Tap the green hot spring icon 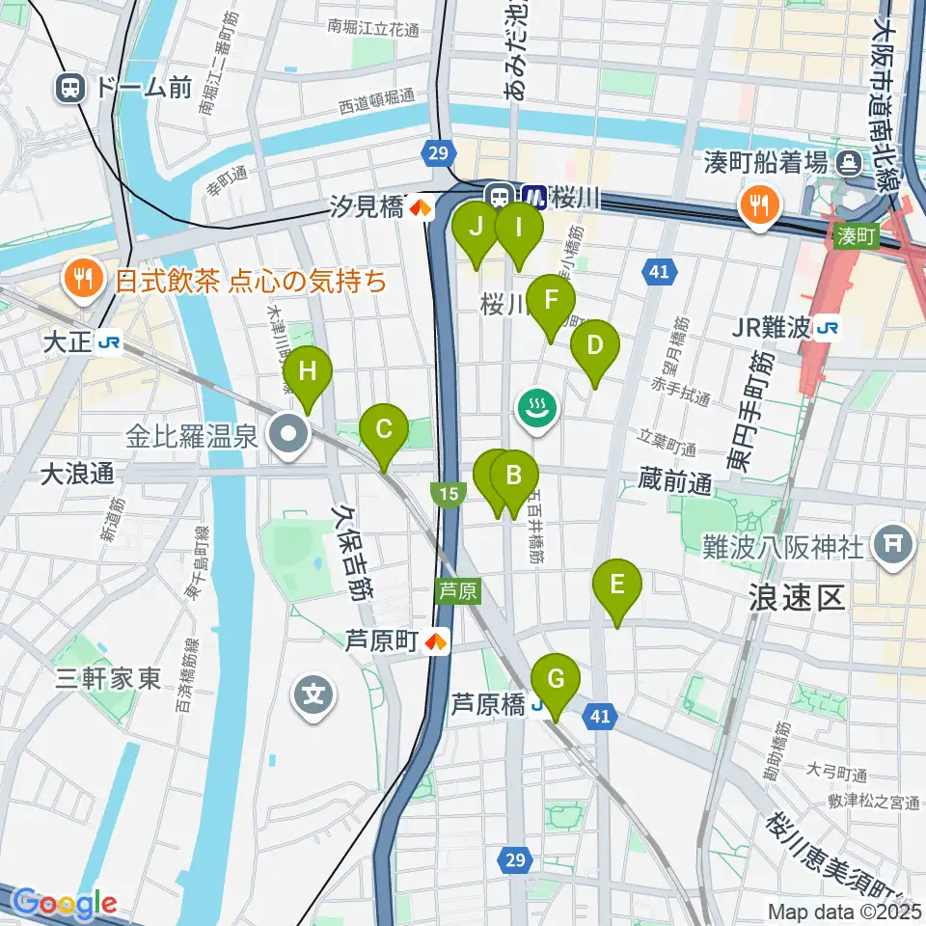tap(536, 407)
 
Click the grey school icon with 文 tap(314, 693)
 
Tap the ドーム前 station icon tap(69, 89)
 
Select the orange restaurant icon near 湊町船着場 tap(760, 204)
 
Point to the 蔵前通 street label tap(673, 483)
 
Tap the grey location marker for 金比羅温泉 tap(288, 436)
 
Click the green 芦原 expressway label tap(457, 590)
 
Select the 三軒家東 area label tap(107, 678)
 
